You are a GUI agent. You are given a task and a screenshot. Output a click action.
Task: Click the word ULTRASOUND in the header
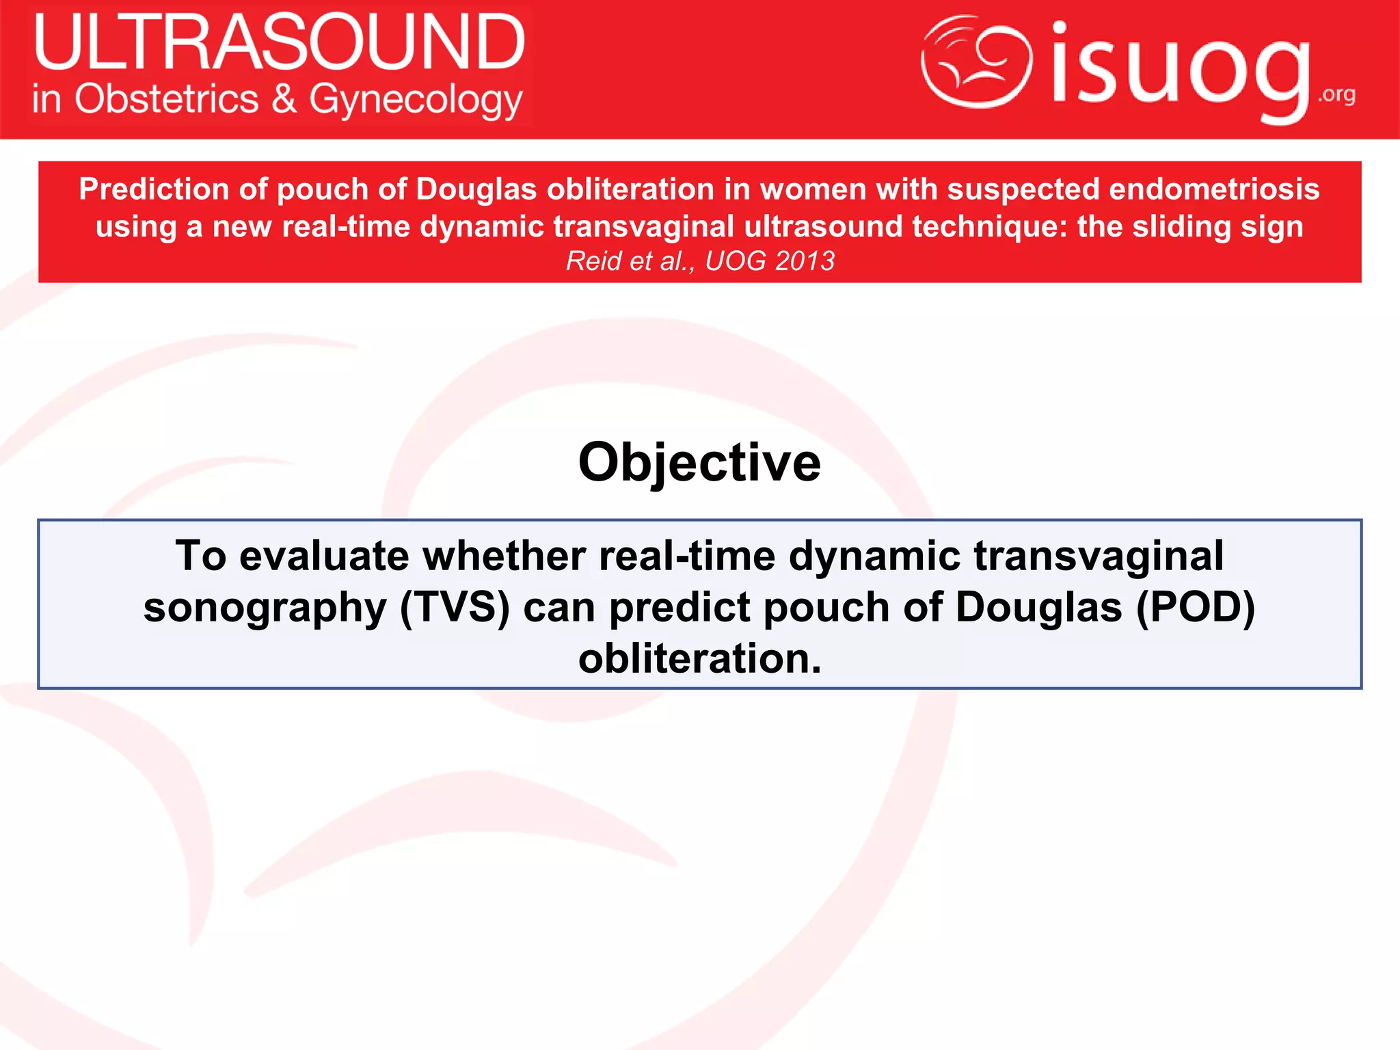click(x=279, y=42)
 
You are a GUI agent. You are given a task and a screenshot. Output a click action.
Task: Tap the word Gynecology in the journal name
click(x=416, y=100)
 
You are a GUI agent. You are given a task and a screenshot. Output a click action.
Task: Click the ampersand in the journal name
click(x=284, y=99)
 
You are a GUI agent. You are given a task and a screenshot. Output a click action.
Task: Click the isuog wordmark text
click(x=1179, y=68)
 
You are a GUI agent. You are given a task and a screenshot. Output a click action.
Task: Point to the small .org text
click(x=1336, y=94)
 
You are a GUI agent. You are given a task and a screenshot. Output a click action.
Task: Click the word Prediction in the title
click(x=153, y=189)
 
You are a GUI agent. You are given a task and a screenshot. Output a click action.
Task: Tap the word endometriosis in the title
click(x=1213, y=189)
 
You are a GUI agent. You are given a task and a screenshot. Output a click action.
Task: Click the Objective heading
click(x=699, y=463)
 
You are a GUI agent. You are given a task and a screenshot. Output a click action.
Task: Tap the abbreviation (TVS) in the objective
click(x=455, y=607)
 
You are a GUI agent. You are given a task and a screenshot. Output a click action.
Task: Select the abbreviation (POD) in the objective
click(x=1195, y=607)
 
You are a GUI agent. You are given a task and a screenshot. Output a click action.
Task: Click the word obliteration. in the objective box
click(x=699, y=658)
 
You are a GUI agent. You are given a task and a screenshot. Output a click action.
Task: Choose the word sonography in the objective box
click(x=265, y=607)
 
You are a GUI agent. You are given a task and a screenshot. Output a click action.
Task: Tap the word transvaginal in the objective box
click(x=1098, y=556)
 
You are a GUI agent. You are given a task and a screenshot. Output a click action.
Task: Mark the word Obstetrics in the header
click(x=167, y=99)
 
